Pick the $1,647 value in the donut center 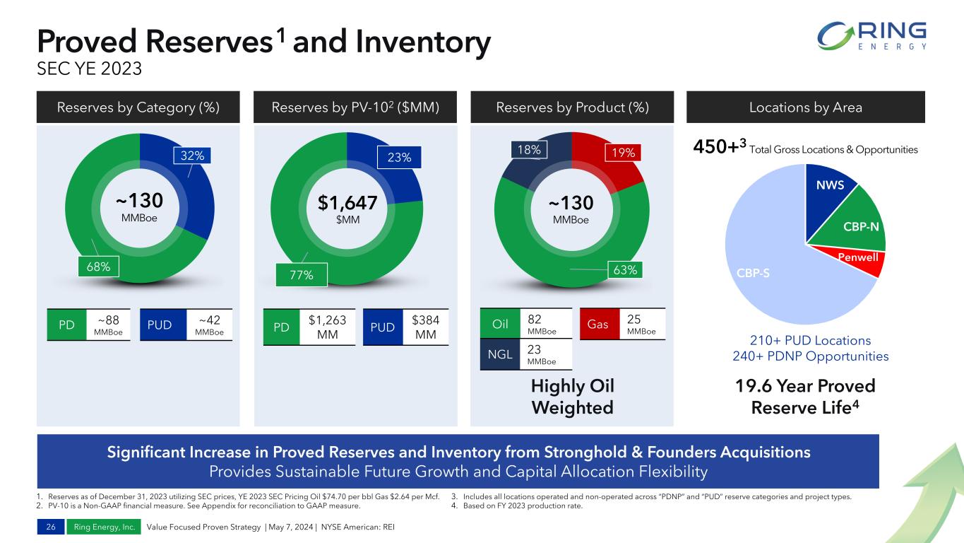(347, 204)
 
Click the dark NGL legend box (500, 354)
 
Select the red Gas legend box (600, 324)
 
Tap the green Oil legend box (500, 324)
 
